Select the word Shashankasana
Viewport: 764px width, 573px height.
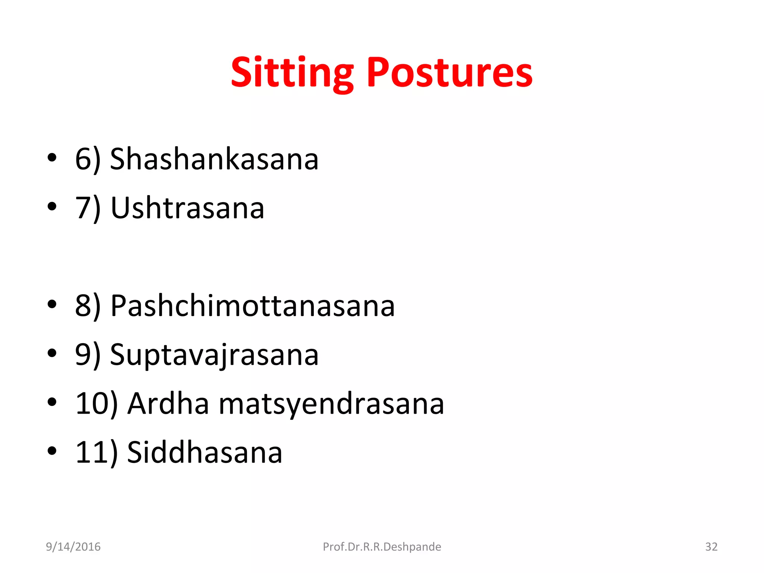(x=215, y=159)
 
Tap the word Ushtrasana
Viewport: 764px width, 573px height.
(x=188, y=208)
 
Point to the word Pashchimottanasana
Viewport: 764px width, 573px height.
(x=253, y=306)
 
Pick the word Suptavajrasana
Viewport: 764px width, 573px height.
(x=215, y=355)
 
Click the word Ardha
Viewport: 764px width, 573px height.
(x=168, y=404)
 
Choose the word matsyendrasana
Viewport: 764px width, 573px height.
(x=332, y=404)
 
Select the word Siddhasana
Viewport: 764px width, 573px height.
(x=205, y=453)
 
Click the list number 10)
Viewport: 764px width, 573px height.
(x=97, y=404)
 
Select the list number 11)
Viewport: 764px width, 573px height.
(x=97, y=453)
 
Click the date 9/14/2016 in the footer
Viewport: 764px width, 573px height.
(x=73, y=547)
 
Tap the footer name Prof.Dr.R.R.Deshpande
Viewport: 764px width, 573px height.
(x=382, y=547)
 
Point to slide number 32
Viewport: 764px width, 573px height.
(x=711, y=547)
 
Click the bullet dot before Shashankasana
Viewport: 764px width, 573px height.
(x=52, y=158)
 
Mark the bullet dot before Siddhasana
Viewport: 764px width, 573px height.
(x=52, y=451)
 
